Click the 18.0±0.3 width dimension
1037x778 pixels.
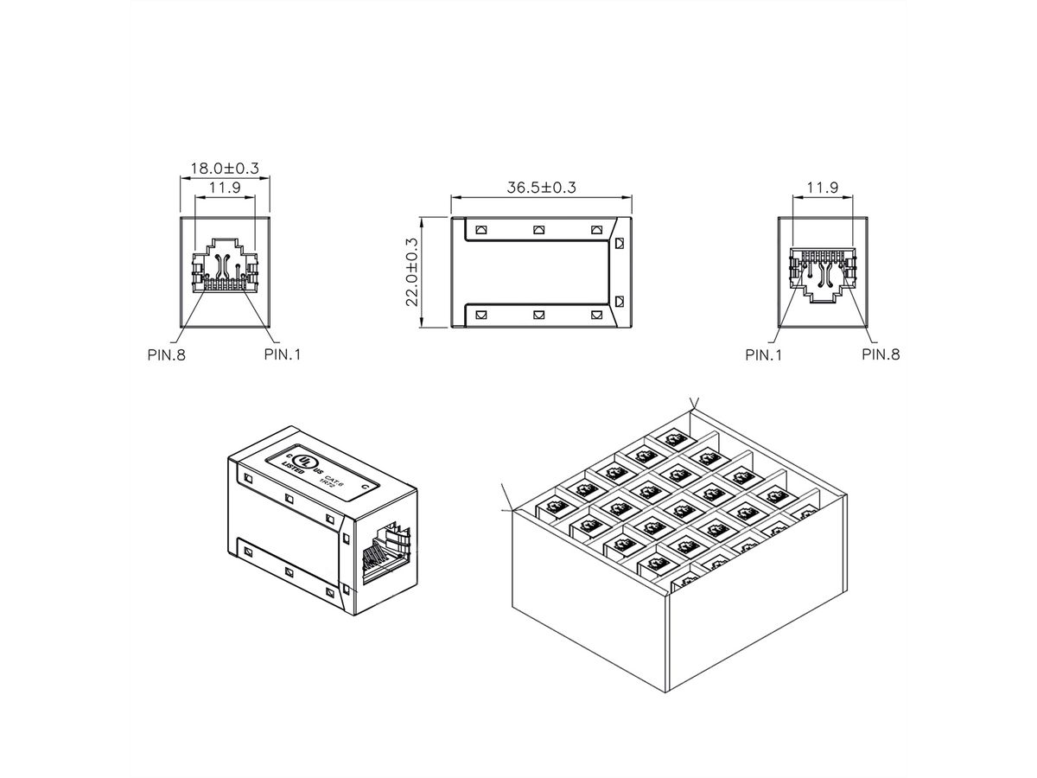225,169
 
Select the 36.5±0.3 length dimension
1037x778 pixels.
541,187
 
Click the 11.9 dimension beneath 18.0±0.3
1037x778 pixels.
225,187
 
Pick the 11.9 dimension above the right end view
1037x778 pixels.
822,187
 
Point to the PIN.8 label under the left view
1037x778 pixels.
167,354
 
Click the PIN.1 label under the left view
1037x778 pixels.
283,354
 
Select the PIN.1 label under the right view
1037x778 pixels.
764,354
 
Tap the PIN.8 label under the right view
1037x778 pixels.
881,354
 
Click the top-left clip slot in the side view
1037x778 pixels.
482,230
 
